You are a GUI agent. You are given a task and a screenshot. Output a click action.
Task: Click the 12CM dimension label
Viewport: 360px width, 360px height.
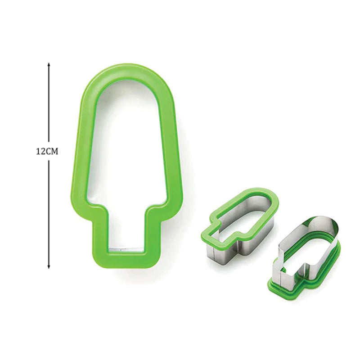click(x=47, y=152)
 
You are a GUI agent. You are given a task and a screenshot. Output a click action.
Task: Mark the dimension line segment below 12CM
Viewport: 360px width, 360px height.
click(x=49, y=211)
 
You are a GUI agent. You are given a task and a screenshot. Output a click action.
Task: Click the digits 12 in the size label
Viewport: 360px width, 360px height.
click(x=40, y=152)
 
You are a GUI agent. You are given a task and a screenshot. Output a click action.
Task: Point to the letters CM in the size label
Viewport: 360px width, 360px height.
click(x=53, y=152)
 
